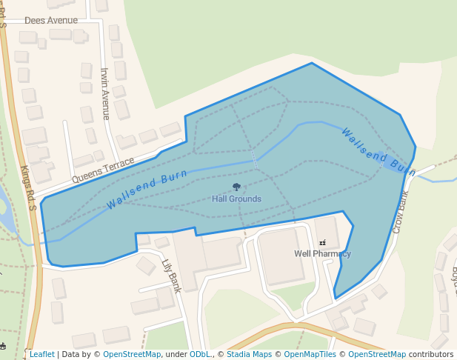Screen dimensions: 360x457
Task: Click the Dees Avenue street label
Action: point(51,21)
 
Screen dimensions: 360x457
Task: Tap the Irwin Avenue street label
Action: point(105,93)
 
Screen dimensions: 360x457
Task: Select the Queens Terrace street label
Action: point(103,170)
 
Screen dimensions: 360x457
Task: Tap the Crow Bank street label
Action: point(401,212)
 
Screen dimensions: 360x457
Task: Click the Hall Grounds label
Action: point(236,199)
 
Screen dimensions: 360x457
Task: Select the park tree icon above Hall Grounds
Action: point(236,187)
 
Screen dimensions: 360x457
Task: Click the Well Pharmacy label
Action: point(322,253)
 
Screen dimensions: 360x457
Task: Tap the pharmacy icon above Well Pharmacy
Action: point(322,242)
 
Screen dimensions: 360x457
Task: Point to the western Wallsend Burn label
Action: point(147,190)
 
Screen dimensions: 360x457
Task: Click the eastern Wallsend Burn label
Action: point(378,151)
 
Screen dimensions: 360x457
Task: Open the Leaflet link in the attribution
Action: point(41,354)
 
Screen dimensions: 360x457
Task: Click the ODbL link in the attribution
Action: point(200,354)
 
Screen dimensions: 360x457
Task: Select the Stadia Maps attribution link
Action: point(249,354)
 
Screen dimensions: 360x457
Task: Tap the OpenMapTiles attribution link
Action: point(310,354)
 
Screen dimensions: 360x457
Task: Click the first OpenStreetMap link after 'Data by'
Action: point(132,354)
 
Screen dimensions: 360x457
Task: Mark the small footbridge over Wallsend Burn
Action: point(254,158)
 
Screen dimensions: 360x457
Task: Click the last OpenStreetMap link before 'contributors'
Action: point(376,354)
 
